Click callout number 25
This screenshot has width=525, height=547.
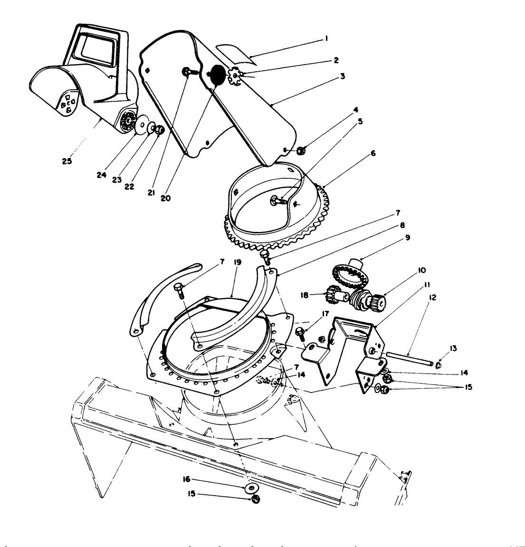point(67,161)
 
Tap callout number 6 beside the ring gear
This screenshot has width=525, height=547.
point(373,154)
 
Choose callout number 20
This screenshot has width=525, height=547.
point(165,198)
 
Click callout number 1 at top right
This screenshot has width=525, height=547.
point(326,39)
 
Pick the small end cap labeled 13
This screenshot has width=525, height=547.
point(438,365)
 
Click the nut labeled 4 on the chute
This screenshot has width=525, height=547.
point(300,151)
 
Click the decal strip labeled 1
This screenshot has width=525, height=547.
point(235,54)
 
